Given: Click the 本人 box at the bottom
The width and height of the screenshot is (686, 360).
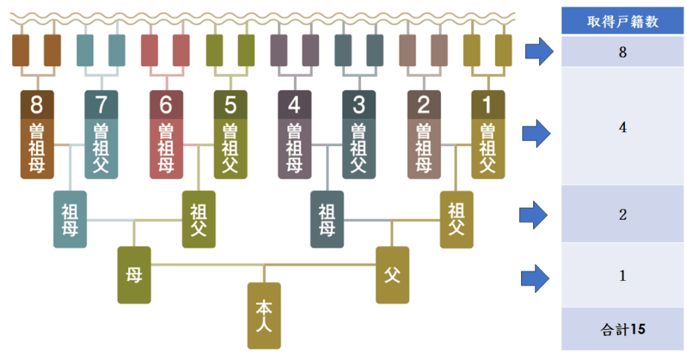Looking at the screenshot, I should (264, 315).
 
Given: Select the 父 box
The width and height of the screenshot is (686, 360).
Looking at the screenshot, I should (392, 275).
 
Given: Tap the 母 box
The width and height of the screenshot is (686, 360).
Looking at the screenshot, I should (134, 275).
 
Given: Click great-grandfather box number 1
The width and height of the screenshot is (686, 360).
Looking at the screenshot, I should (488, 134).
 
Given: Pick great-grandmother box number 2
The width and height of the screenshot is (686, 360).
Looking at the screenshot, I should (423, 134).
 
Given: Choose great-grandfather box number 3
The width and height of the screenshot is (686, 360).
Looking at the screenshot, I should (358, 134).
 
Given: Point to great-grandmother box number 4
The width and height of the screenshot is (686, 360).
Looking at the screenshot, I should (294, 134).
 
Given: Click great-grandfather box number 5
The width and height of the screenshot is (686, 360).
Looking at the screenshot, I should (230, 134).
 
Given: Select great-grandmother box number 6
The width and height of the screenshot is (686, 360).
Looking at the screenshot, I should (165, 134).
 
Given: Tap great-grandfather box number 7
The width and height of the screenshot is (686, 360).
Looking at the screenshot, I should (101, 134).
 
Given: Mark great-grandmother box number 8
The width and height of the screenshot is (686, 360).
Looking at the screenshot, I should (37, 134).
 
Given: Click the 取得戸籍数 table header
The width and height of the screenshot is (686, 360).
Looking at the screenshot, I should (622, 22).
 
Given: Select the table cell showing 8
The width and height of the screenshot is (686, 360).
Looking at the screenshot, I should (622, 52).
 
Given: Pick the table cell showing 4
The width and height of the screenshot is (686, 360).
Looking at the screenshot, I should (622, 127).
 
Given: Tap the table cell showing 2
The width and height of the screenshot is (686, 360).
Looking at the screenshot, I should (622, 215).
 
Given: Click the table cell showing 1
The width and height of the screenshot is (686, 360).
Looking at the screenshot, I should (622, 276).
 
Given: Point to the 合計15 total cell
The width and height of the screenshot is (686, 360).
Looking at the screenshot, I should (622, 329).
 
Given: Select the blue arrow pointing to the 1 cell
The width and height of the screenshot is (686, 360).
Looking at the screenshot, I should (535, 278).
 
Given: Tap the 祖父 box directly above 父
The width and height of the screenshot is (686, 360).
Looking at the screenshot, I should (456, 218).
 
